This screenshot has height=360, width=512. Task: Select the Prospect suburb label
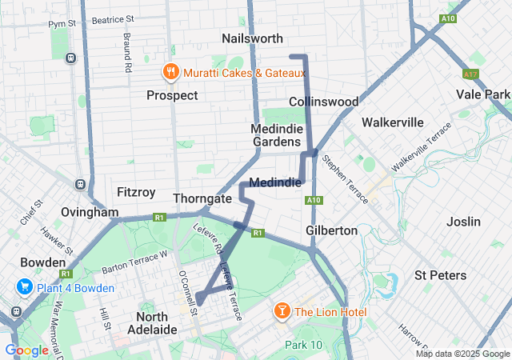coord(172,95)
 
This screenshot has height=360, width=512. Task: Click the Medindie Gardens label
coord(277,135)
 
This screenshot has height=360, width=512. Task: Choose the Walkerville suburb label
coord(392,122)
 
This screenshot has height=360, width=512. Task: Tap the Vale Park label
coord(483,94)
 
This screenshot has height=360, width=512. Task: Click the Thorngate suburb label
coord(202,198)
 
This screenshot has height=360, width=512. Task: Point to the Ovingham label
coord(90,212)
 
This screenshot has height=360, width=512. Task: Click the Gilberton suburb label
coord(331,230)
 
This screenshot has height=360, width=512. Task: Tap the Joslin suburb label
coord(464,222)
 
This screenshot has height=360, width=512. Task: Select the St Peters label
coord(440,275)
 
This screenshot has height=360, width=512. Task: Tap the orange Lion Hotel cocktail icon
coord(282,310)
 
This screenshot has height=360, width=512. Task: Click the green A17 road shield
coord(471,74)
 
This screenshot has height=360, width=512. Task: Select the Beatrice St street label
coord(112,18)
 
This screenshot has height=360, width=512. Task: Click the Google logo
coord(27,350)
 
